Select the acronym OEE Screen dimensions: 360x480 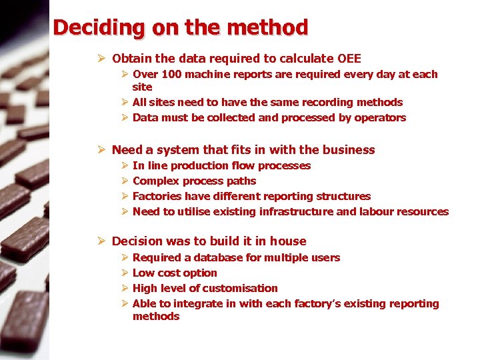coord(349,59)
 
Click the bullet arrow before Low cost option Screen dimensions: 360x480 coord(125,273)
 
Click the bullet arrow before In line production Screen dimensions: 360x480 coord(125,165)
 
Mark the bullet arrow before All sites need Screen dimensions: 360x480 coord(125,102)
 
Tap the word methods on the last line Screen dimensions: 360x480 coord(156,316)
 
